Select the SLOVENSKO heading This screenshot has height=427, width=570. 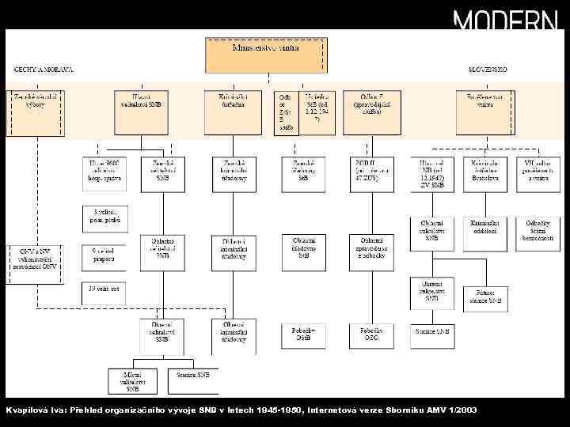[x=487, y=70]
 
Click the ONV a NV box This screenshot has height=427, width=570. [x=34, y=259]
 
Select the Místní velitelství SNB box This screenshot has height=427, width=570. [x=132, y=380]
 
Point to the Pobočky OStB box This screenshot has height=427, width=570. [x=303, y=334]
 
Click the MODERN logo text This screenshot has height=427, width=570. [x=505, y=20]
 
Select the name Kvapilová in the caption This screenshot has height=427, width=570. [x=26, y=410]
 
